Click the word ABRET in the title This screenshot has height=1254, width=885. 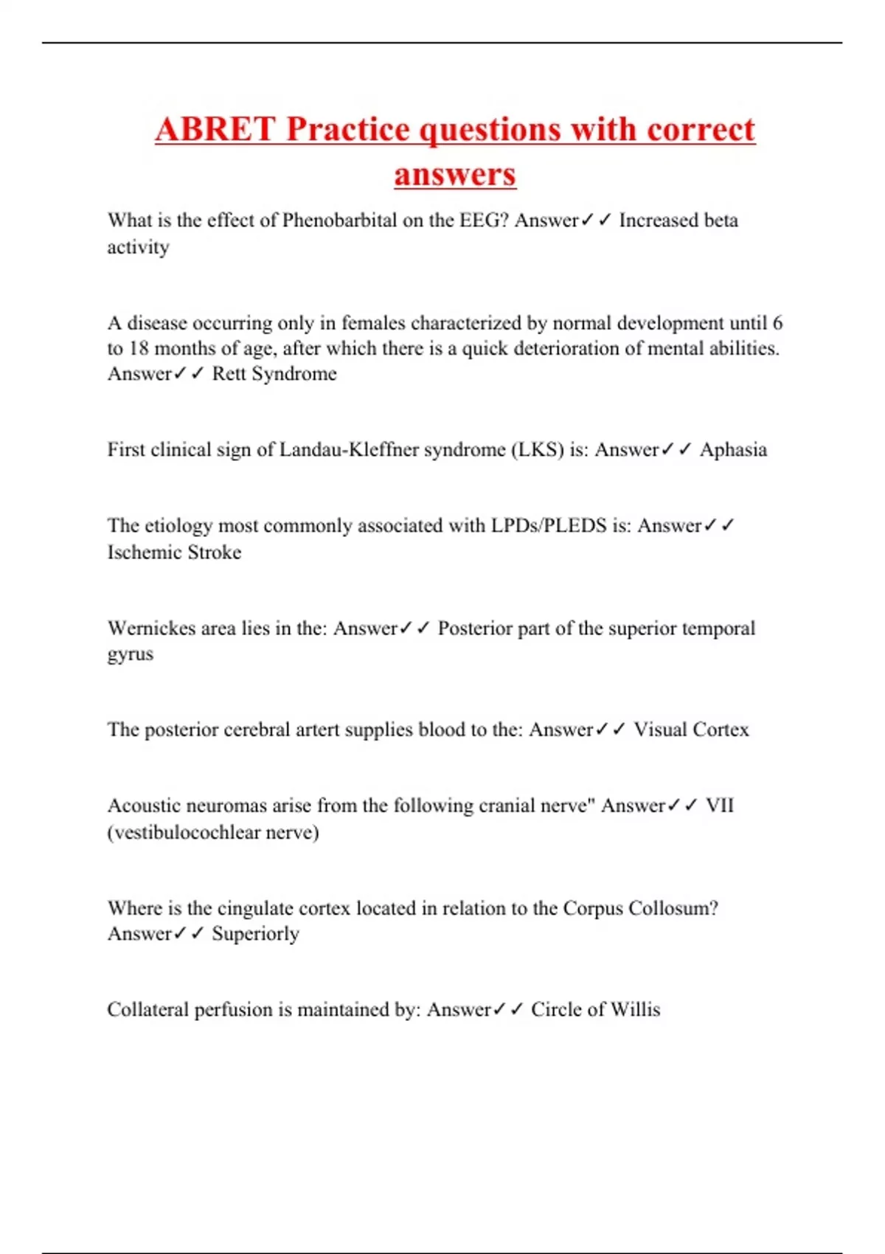tap(215, 130)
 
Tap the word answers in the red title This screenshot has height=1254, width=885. tap(455, 175)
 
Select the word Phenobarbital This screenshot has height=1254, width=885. tap(339, 221)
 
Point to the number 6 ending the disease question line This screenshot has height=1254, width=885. tap(777, 323)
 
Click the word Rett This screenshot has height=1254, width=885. tap(229, 374)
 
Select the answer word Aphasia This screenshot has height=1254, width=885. tap(733, 450)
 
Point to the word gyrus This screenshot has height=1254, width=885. tap(131, 655)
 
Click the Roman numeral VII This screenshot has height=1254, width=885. tap(719, 806)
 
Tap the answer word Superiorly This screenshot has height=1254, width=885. tap(255, 934)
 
